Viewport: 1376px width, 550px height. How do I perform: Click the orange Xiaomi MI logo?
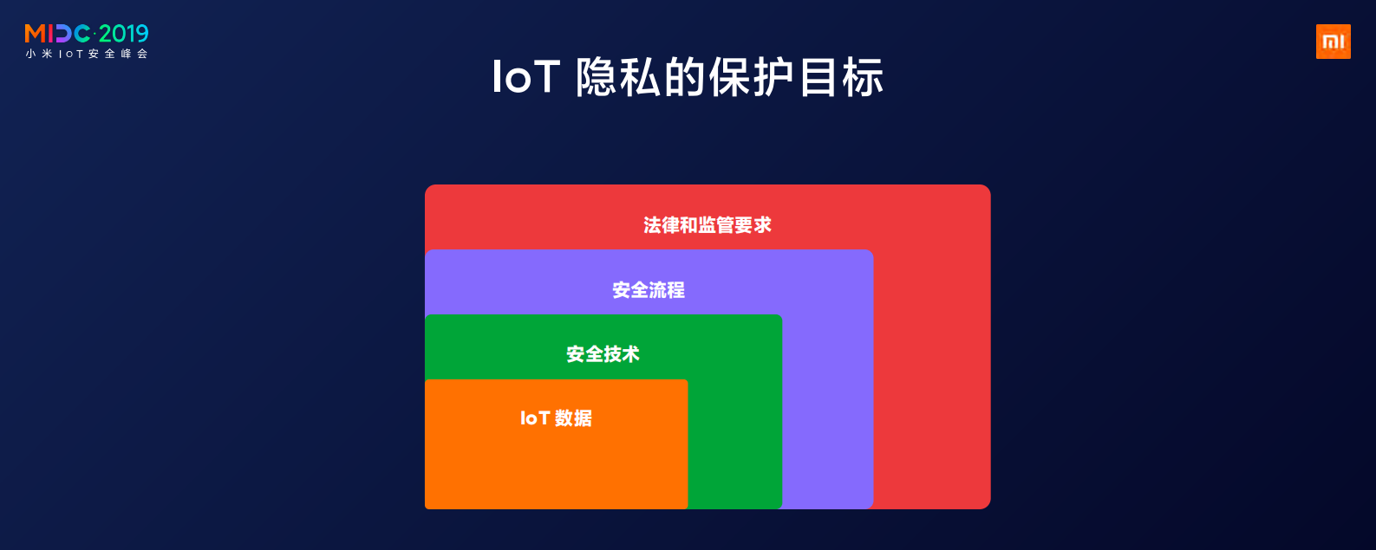pyautogui.click(x=1333, y=42)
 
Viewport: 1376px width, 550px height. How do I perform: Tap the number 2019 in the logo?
pyautogui.click(x=124, y=34)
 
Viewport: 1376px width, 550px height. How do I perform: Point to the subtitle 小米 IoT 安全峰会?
pyautogui.click(x=87, y=54)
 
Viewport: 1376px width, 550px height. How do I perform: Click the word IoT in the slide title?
pyautogui.click(x=525, y=77)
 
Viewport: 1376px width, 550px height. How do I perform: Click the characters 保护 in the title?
pyautogui.click(x=752, y=77)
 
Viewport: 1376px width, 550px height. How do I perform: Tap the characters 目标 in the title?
pyautogui.click(x=841, y=77)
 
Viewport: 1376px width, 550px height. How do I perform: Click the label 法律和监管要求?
pyautogui.click(x=708, y=225)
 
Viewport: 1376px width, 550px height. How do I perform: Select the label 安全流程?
pyautogui.click(x=649, y=290)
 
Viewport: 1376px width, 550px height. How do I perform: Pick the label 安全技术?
pyautogui.click(x=603, y=354)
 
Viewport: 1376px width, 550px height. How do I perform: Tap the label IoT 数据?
pyautogui.click(x=556, y=418)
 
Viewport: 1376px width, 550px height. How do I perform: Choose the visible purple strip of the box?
pyautogui.click(x=828, y=407)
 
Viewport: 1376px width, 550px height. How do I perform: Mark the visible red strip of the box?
pyautogui.click(x=932, y=364)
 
